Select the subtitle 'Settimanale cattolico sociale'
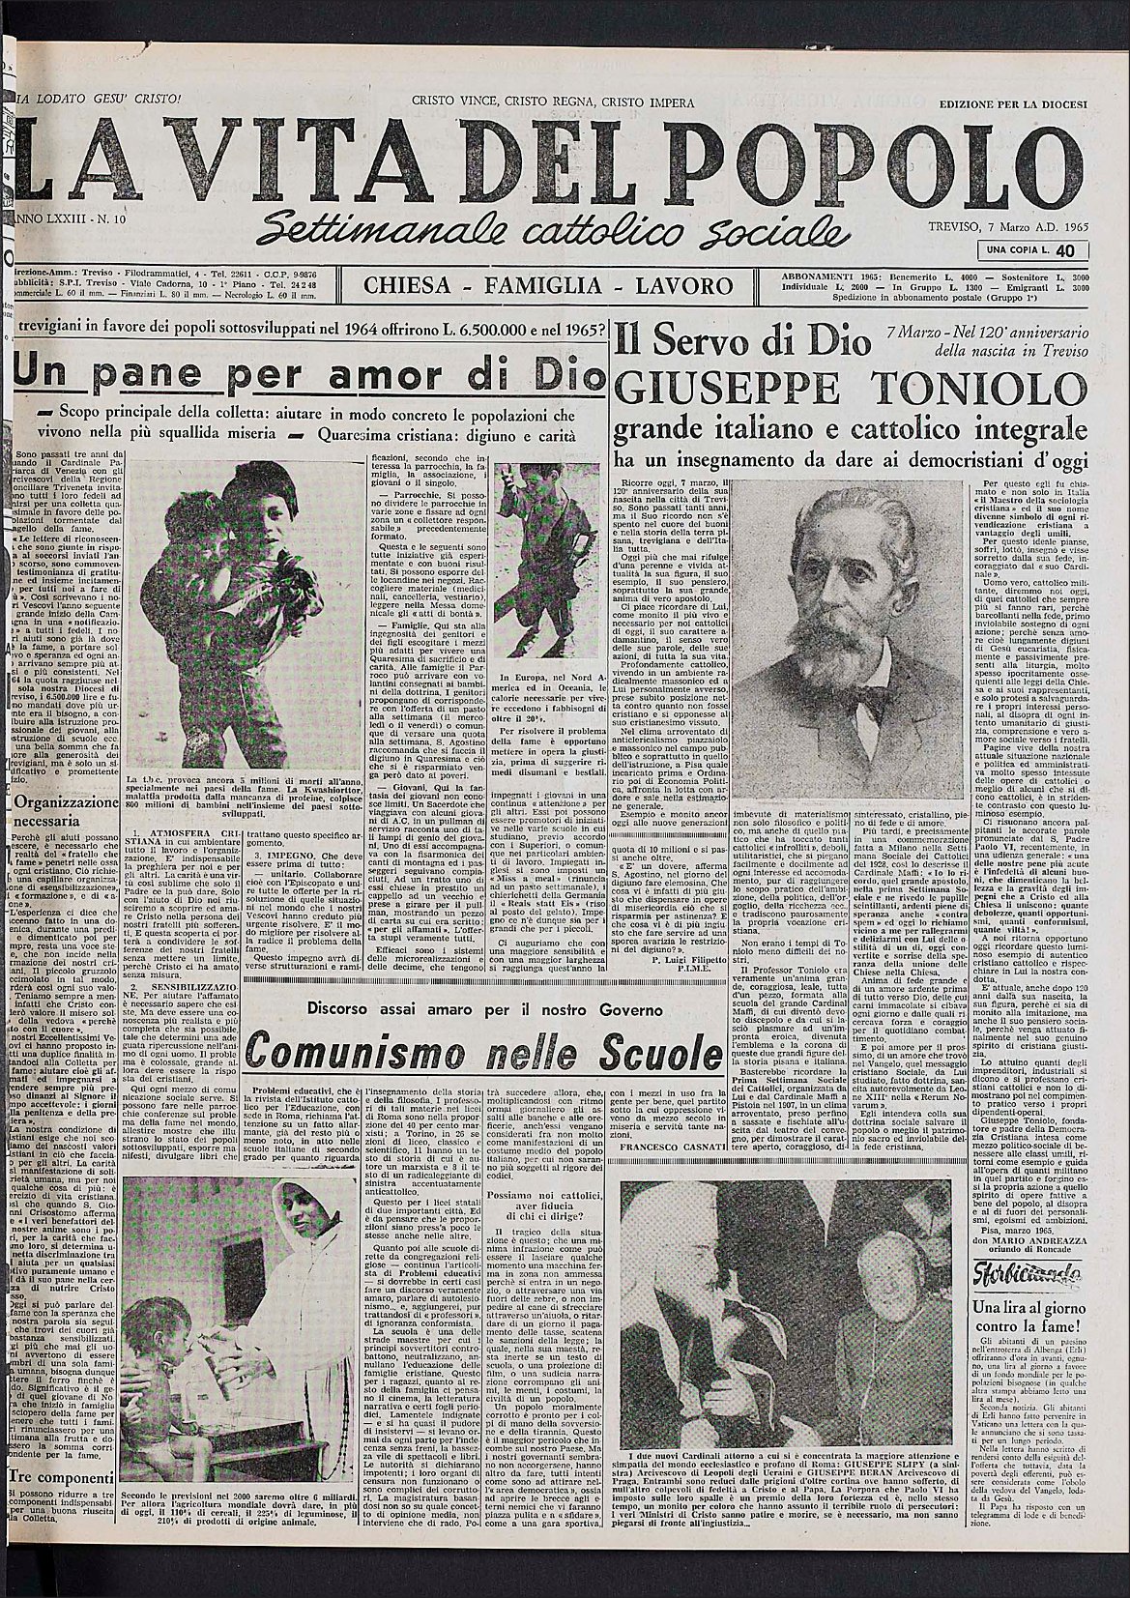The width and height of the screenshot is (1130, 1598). (556, 224)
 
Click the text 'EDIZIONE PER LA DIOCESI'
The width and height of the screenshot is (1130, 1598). (1013, 103)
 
